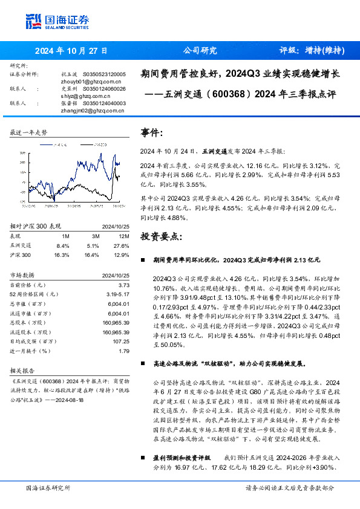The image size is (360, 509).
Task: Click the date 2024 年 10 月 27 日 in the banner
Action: (x=71, y=51)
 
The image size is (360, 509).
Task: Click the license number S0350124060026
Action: (x=100, y=88)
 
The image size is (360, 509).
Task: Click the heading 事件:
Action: (x=151, y=133)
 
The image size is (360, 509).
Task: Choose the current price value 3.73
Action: (x=124, y=285)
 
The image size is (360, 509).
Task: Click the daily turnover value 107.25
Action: (x=120, y=341)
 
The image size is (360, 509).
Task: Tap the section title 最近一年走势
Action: (x=28, y=132)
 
